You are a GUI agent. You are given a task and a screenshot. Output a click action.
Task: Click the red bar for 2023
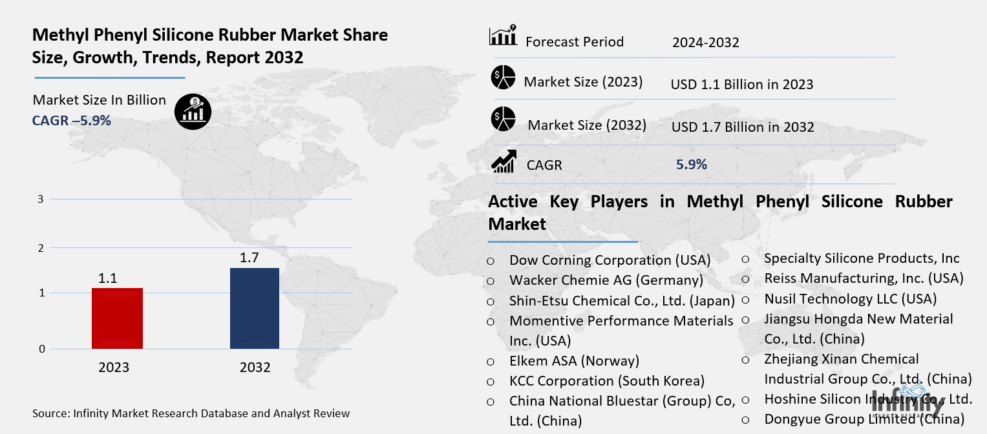click(x=117, y=318)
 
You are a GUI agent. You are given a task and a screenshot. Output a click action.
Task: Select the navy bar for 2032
click(x=255, y=308)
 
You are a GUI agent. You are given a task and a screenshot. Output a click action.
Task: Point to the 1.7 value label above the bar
click(x=249, y=258)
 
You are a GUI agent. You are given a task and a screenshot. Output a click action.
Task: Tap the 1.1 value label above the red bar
click(x=107, y=278)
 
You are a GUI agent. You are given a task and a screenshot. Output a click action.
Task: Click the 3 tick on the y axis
click(x=41, y=199)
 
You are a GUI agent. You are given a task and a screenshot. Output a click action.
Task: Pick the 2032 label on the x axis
click(x=255, y=367)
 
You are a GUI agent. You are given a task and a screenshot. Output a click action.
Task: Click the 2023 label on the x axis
click(x=114, y=367)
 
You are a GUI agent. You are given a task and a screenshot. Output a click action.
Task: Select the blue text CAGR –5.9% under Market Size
click(x=71, y=121)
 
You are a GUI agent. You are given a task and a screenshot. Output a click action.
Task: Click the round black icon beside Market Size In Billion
click(x=193, y=112)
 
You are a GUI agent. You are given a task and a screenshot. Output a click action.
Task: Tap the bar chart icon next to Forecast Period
click(x=503, y=35)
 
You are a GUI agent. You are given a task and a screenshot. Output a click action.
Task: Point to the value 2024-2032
click(x=705, y=42)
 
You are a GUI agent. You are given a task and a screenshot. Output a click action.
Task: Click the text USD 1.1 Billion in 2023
click(x=742, y=84)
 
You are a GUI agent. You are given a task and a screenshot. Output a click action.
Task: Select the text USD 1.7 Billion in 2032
click(x=743, y=127)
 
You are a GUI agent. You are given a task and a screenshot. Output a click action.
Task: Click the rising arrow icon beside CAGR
click(x=504, y=161)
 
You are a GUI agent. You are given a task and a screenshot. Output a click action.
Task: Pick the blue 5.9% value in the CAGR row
click(x=692, y=164)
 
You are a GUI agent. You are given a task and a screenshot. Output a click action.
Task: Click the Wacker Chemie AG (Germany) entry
click(x=606, y=280)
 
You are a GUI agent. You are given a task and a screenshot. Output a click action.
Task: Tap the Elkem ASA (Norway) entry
click(x=574, y=360)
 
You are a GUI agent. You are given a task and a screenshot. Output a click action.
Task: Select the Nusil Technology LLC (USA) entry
click(x=851, y=298)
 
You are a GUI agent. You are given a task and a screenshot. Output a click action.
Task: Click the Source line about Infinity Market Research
click(x=191, y=413)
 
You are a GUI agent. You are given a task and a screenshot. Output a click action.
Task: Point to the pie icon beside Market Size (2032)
click(x=503, y=119)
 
